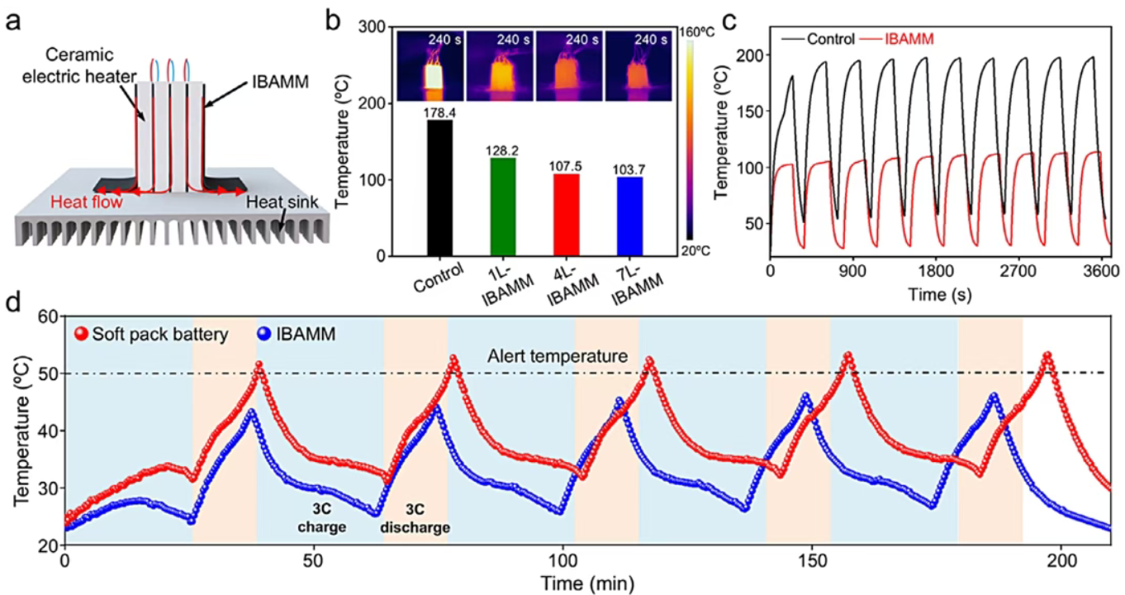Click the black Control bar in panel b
pos(440,188)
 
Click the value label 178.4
pos(440,113)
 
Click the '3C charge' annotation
pos(323,517)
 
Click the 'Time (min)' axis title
pos(587,583)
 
